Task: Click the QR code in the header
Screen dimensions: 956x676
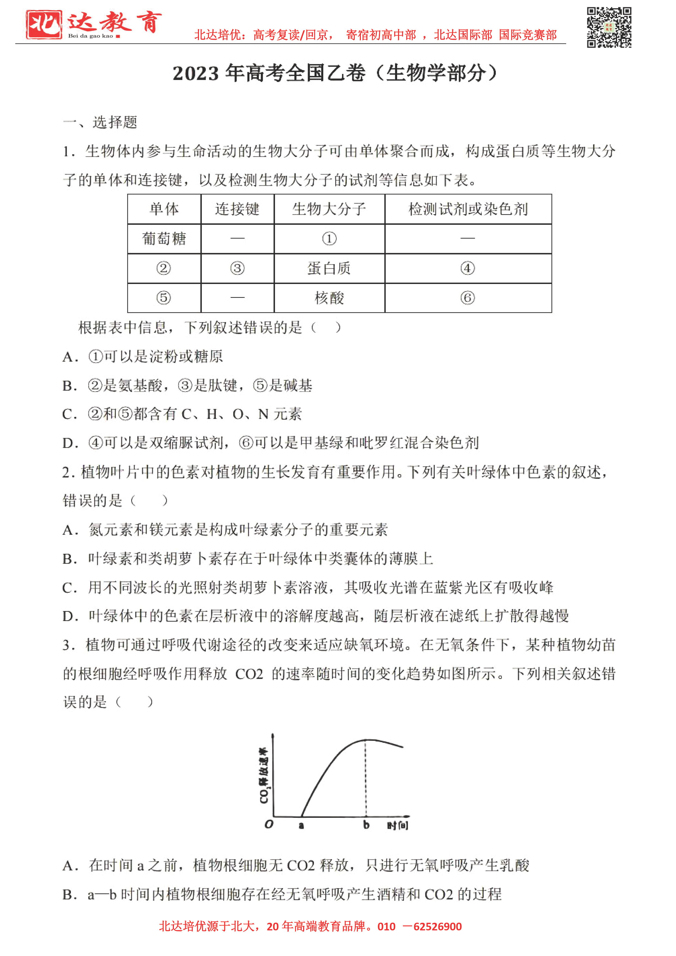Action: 609,28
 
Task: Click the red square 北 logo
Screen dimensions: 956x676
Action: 44,25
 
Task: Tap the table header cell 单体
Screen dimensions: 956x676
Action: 164,209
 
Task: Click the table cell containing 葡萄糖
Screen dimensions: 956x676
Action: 164,238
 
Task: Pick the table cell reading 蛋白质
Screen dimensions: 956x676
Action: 329,268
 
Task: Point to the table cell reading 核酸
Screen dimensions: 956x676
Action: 329,298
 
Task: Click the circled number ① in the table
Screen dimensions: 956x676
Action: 329,238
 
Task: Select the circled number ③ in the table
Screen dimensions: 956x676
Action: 237,268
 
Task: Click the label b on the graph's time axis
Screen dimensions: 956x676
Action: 366,825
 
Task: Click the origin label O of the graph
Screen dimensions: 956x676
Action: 269,824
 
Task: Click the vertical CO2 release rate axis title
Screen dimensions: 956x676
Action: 264,775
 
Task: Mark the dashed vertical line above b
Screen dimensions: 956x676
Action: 366,779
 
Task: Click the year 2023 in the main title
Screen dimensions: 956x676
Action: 195,74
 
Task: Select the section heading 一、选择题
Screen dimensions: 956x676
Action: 100,122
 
